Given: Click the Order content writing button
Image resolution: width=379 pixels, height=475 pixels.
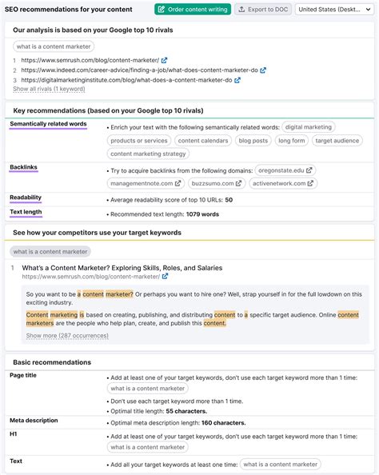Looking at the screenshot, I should tap(192, 9).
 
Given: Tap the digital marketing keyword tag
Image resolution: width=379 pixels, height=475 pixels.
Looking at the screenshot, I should tap(308, 127).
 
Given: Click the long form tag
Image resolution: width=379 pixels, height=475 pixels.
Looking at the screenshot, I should tap(290, 141).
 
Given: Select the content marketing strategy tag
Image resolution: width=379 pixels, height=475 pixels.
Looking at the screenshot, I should tap(148, 154).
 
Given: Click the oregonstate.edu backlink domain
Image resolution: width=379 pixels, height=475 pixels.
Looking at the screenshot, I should tap(285, 170).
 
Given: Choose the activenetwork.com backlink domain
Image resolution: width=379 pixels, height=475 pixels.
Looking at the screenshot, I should tap(280, 183).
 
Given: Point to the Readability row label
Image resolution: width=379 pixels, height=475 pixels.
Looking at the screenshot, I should tap(26, 198).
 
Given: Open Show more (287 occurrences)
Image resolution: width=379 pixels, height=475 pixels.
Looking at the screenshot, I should tap(64, 336).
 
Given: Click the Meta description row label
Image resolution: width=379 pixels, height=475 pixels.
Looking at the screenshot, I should tap(34, 420).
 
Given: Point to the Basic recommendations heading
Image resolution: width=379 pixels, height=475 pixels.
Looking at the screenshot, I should tap(52, 362).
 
